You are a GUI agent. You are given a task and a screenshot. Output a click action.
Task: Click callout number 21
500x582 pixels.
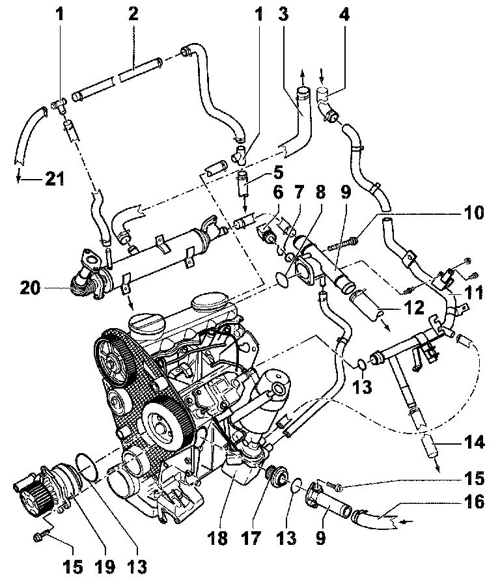tap(55, 179)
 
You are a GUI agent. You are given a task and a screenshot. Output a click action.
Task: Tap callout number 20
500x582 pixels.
tap(30, 288)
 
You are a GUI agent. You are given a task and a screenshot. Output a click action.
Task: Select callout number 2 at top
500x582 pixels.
tap(133, 14)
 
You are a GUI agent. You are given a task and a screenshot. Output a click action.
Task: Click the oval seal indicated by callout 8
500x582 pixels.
tap(285, 279)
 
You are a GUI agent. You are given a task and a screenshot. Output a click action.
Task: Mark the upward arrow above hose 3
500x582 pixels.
tap(302, 77)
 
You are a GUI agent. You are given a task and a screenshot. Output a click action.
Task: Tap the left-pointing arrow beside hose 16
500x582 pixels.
tap(406, 522)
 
